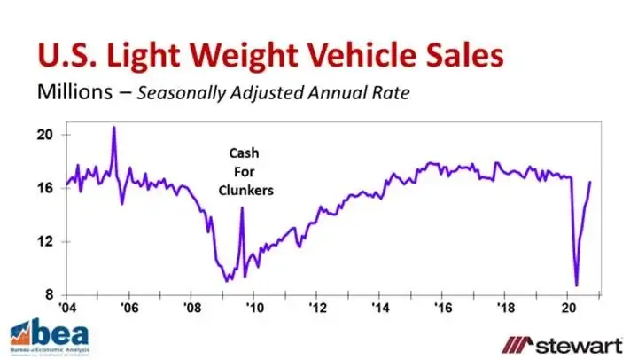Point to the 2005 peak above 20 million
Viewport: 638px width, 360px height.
(113, 127)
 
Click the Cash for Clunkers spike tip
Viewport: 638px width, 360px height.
(242, 208)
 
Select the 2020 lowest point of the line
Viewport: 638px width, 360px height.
(577, 286)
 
